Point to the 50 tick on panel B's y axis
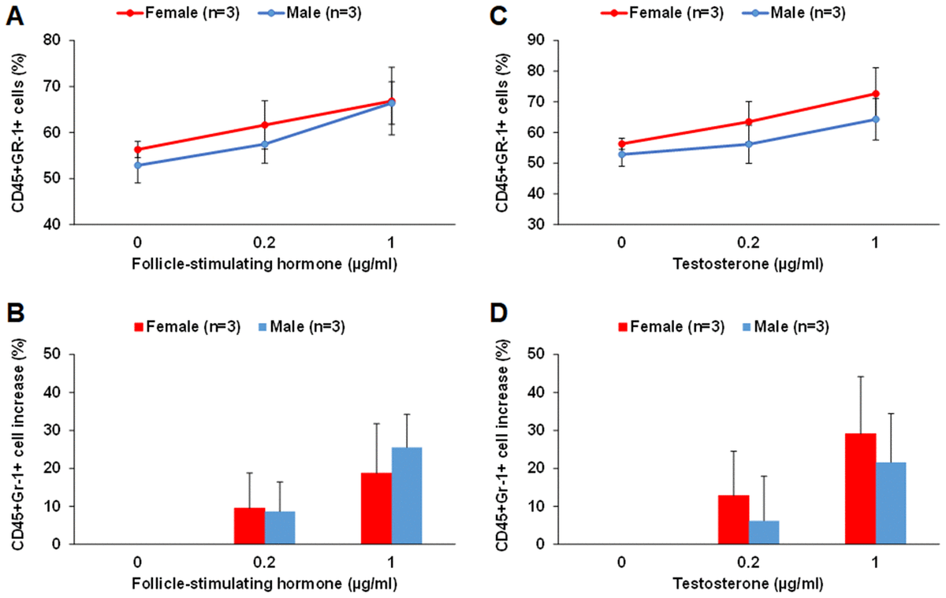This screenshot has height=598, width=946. click(x=54, y=355)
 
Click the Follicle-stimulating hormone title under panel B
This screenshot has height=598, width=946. click(x=264, y=584)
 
